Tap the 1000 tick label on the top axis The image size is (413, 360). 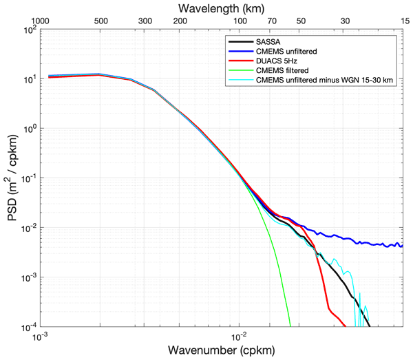tap(41, 21)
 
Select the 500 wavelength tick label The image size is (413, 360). tap(100, 21)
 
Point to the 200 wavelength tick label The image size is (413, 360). tap(180, 21)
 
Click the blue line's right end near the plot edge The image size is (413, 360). tap(401, 245)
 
